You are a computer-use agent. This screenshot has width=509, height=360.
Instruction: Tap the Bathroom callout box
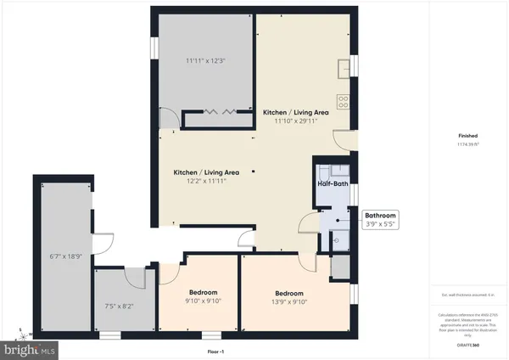coord(380,220)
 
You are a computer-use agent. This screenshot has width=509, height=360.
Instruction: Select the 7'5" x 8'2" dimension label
coord(120,306)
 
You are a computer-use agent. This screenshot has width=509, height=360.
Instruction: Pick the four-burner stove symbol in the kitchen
coord(344,100)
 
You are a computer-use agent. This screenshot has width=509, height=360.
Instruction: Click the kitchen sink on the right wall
coord(343,68)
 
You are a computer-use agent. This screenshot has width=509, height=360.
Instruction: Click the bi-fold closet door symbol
coord(214,111)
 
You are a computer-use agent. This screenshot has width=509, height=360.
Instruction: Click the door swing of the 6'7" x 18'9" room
coord(103,244)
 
